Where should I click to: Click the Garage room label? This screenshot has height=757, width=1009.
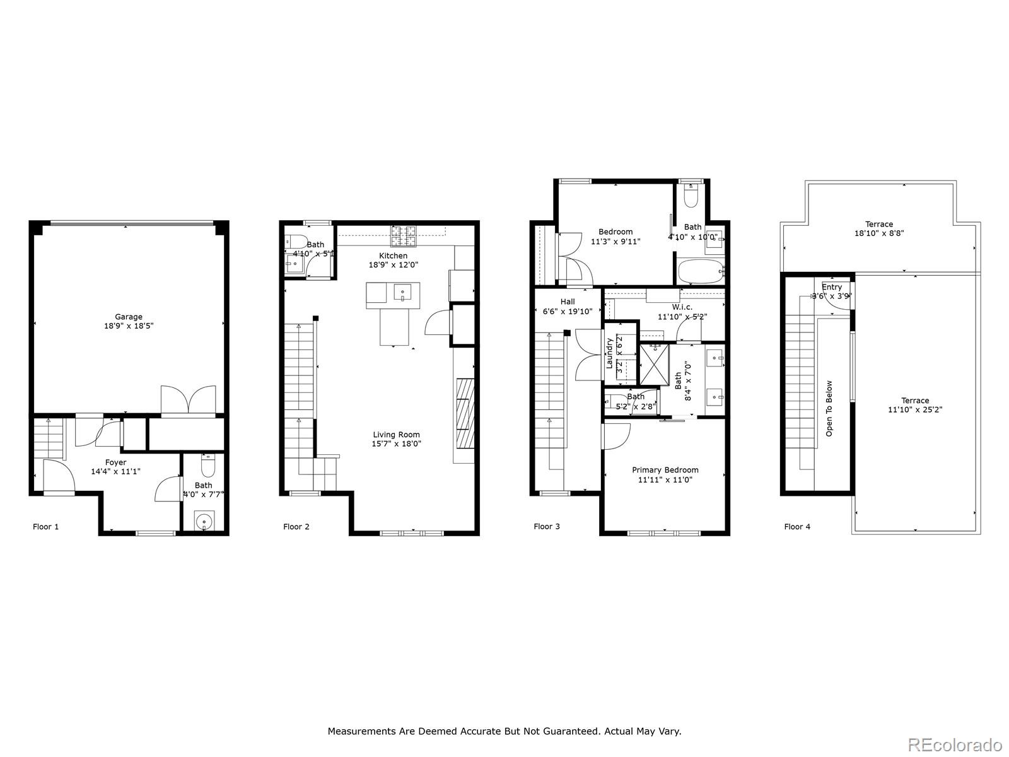coord(128,317)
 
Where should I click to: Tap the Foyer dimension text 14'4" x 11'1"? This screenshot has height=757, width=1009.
coord(115,471)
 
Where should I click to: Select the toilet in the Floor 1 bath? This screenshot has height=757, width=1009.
coord(208,467)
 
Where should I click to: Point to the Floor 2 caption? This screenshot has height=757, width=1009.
coord(296,527)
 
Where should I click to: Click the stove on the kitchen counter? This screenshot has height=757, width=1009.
coord(404,237)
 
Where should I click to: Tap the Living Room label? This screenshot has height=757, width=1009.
coord(396,435)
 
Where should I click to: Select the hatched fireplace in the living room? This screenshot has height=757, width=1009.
coord(464,412)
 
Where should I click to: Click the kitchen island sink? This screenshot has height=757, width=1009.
coord(402,292)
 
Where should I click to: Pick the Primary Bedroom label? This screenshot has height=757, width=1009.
coord(665,470)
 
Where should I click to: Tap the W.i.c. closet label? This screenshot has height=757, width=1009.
coord(682,307)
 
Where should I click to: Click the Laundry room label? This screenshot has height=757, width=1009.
coord(610,353)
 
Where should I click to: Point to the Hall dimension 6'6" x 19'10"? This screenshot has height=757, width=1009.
coord(568,311)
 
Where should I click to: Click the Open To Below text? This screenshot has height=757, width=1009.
coord(829,408)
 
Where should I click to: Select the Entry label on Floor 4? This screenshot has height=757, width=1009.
coord(832,287)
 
